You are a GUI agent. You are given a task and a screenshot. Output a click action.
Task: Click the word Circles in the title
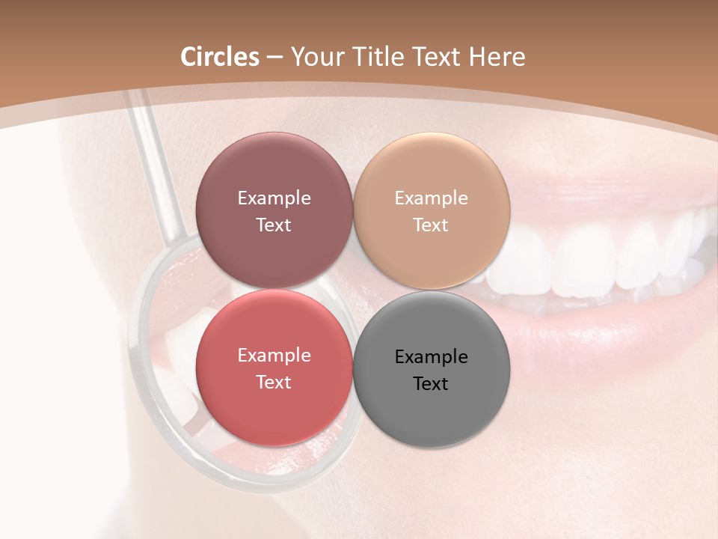coord(219,57)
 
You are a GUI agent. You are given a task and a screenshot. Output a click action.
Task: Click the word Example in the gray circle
coord(432,357)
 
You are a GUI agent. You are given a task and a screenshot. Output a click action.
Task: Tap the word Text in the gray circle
coord(431,384)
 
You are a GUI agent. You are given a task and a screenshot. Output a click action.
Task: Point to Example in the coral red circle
coord(274,356)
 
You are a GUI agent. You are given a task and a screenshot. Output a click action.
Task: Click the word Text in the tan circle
coord(431,225)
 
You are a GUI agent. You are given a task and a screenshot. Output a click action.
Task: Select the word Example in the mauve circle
coord(274,198)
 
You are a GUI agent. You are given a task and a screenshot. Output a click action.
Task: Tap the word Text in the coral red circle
coord(274,383)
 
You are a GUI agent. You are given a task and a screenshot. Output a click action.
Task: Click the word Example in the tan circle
coord(432,198)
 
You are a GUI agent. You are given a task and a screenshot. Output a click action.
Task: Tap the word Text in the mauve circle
coord(274,225)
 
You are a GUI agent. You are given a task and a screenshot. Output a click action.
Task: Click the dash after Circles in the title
coord(274,58)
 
